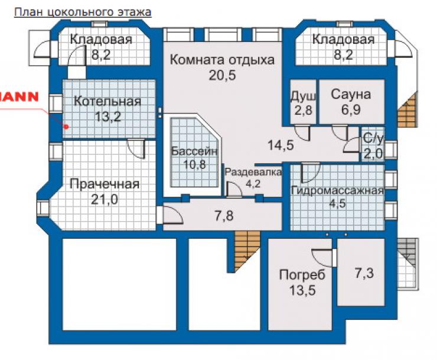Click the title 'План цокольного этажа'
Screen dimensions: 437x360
click(83, 12)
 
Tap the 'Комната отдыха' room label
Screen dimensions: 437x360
click(222, 60)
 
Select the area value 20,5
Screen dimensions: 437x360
click(222, 75)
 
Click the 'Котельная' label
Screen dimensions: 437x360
click(107, 101)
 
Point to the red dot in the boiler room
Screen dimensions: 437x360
click(66, 127)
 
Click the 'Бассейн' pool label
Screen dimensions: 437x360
click(194, 151)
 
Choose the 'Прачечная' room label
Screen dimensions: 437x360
click(105, 184)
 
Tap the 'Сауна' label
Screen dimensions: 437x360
click(351, 95)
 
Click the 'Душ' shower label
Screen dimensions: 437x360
click(303, 96)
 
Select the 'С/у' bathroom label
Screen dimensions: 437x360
click(373, 139)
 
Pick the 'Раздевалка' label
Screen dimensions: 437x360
click(253, 172)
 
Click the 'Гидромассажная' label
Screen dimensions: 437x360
click(337, 191)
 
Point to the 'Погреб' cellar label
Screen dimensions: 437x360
click(302, 275)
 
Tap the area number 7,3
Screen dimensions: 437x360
click(364, 273)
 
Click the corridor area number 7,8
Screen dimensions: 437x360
click(224, 216)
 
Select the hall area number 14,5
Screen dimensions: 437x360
click(281, 145)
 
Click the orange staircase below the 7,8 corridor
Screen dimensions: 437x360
click(244, 249)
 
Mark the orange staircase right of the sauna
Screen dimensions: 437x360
click(407, 110)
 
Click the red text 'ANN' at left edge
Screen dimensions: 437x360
click(19, 97)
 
